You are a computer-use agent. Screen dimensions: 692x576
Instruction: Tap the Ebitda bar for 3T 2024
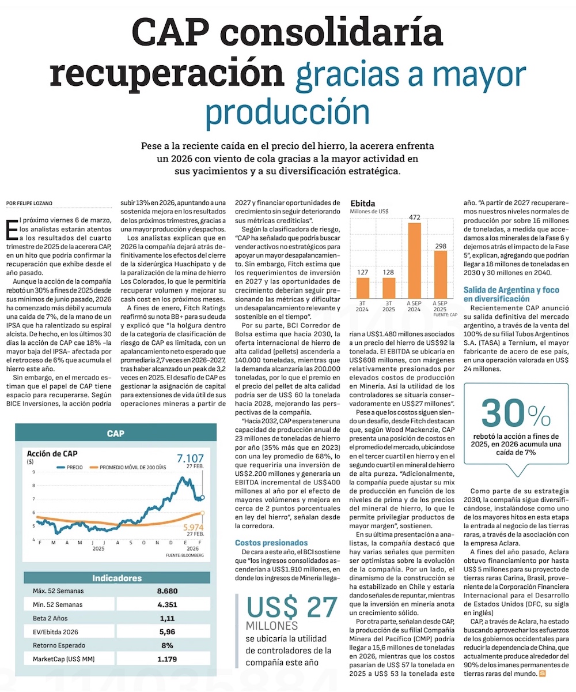pos(362,287)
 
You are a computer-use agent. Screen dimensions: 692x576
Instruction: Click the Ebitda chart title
pos(363,204)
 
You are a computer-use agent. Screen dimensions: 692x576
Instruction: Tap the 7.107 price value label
pos(191,459)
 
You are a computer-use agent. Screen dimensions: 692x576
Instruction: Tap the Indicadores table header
pos(117,578)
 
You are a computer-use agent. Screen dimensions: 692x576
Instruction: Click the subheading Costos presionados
pos(271,543)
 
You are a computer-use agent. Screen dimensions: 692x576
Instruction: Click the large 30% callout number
pos(516,414)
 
